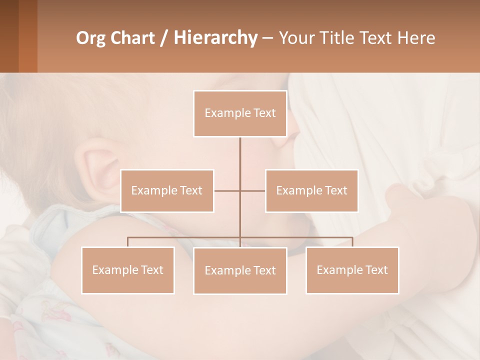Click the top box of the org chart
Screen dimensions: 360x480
coord(240,113)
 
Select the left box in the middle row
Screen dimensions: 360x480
coord(167,191)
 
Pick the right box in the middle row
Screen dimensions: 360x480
coord(311,191)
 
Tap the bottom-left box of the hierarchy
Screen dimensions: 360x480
coord(128,270)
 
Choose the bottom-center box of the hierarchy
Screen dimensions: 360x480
coord(240,271)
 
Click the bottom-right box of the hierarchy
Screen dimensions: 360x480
coord(352,270)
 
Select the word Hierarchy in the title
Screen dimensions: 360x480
coord(215,38)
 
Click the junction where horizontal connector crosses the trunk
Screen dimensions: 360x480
coord(240,190)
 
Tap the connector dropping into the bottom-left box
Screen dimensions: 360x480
coord(128,242)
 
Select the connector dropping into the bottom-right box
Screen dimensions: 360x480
coord(352,242)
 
